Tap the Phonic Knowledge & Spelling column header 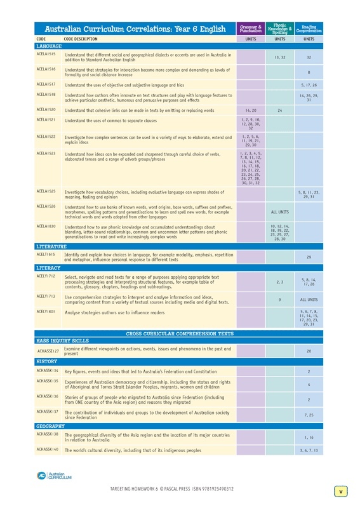[x=279, y=29]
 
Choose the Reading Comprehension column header [x=309, y=29]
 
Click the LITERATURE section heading [x=50, y=244]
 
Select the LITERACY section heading [x=48, y=268]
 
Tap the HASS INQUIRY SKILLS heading [x=62, y=340]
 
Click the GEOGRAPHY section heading [x=51, y=425]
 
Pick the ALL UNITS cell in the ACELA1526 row [x=279, y=212]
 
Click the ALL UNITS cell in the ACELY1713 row [x=309, y=299]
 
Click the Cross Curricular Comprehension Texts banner [x=179, y=333]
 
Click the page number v [x=340, y=491]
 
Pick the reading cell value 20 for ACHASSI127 [x=309, y=351]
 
